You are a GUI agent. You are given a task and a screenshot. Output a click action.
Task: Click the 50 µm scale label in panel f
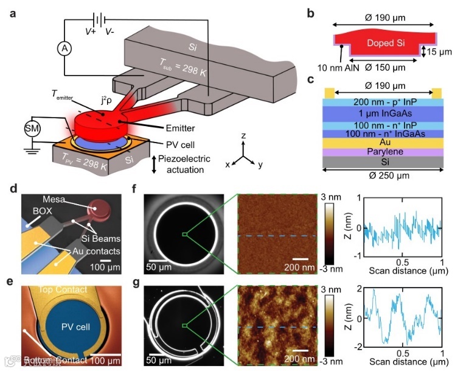coord(159,266)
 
